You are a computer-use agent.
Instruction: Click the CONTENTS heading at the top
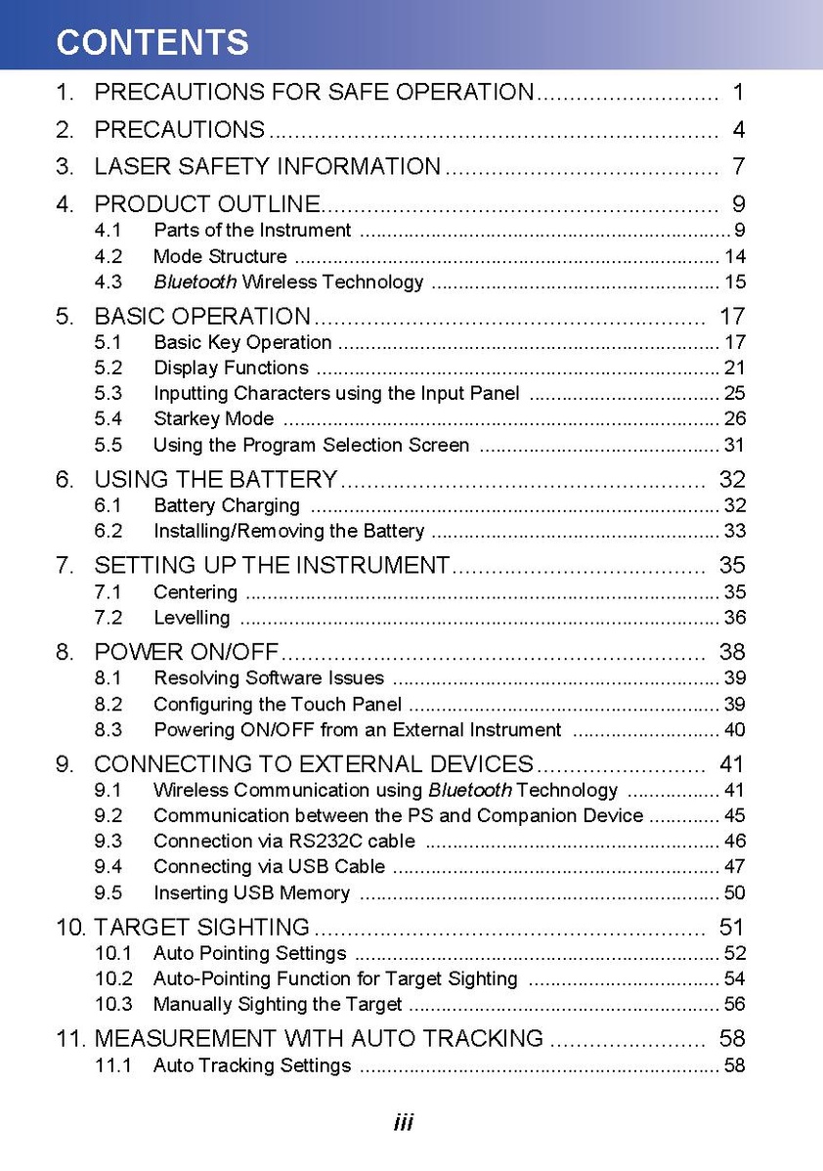pyautogui.click(x=152, y=42)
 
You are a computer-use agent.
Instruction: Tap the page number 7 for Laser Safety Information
pyautogui.click(x=738, y=166)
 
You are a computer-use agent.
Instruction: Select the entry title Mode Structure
pyautogui.click(x=220, y=257)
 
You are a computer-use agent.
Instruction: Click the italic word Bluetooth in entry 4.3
pyautogui.click(x=195, y=282)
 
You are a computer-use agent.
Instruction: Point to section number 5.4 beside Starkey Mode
pyautogui.click(x=108, y=419)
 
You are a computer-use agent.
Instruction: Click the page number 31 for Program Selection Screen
pyautogui.click(x=734, y=446)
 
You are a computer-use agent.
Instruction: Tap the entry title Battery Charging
pyautogui.click(x=227, y=506)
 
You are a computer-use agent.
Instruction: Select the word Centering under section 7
pyautogui.click(x=195, y=592)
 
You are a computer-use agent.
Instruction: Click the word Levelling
pyautogui.click(x=192, y=618)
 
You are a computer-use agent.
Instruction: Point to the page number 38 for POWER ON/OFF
pyautogui.click(x=732, y=652)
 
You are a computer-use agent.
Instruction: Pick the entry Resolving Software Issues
pyautogui.click(x=269, y=678)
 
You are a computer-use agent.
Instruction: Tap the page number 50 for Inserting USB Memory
pyautogui.click(x=734, y=893)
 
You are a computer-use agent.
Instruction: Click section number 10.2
pyautogui.click(x=112, y=979)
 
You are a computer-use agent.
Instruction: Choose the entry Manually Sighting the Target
pyautogui.click(x=278, y=1005)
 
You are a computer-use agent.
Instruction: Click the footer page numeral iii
pyautogui.click(x=404, y=1123)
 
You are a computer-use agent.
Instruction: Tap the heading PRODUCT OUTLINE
pyautogui.click(x=207, y=204)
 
